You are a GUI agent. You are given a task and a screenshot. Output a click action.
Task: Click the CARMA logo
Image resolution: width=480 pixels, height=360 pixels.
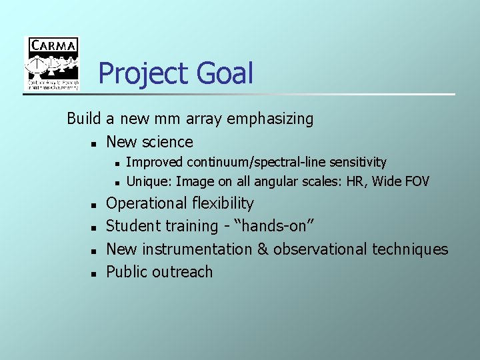point(52,63)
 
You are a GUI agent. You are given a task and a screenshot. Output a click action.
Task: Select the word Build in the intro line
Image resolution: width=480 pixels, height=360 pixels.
point(83,119)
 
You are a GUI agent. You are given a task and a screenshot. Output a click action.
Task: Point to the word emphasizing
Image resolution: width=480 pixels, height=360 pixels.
point(270,119)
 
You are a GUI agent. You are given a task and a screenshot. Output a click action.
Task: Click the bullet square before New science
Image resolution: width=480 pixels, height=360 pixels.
point(95,143)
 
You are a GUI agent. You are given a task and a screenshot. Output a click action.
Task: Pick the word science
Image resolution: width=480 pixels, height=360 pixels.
point(167,142)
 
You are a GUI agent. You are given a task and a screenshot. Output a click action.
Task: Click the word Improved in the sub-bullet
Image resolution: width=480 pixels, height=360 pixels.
point(155,162)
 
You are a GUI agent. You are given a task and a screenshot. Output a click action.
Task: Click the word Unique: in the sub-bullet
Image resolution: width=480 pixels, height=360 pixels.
point(149,181)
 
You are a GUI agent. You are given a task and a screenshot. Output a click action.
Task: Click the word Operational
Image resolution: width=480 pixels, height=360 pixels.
point(147,203)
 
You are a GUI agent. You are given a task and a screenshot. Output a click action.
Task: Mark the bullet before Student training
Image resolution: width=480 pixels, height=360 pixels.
point(95,228)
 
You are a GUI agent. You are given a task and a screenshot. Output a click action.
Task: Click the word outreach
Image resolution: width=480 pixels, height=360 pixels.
point(183,272)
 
